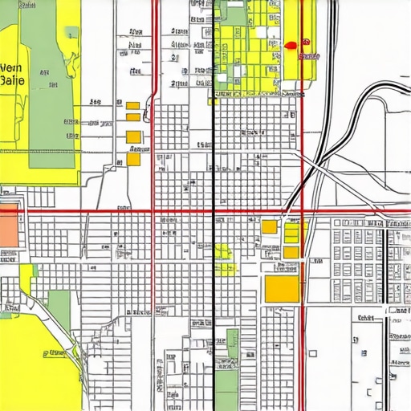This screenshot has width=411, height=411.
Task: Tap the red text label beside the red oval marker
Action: tap(308, 56)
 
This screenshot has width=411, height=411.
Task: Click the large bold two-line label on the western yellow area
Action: tap(14, 74)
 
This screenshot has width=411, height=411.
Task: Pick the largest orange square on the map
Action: tap(282, 289)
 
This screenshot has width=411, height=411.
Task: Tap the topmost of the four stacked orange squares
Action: tap(132, 105)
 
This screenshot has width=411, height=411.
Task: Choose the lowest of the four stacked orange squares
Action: tap(133, 159)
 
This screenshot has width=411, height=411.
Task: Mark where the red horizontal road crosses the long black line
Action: tap(213, 213)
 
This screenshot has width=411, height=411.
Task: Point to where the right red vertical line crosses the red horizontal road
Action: tap(302, 213)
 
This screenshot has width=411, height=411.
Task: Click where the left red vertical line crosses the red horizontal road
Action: tap(153, 213)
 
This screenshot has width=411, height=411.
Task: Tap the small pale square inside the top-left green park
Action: tap(72, 33)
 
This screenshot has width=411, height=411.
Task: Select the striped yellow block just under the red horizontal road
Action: tap(292, 234)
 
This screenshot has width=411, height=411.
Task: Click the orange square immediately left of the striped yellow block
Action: tap(270, 227)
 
